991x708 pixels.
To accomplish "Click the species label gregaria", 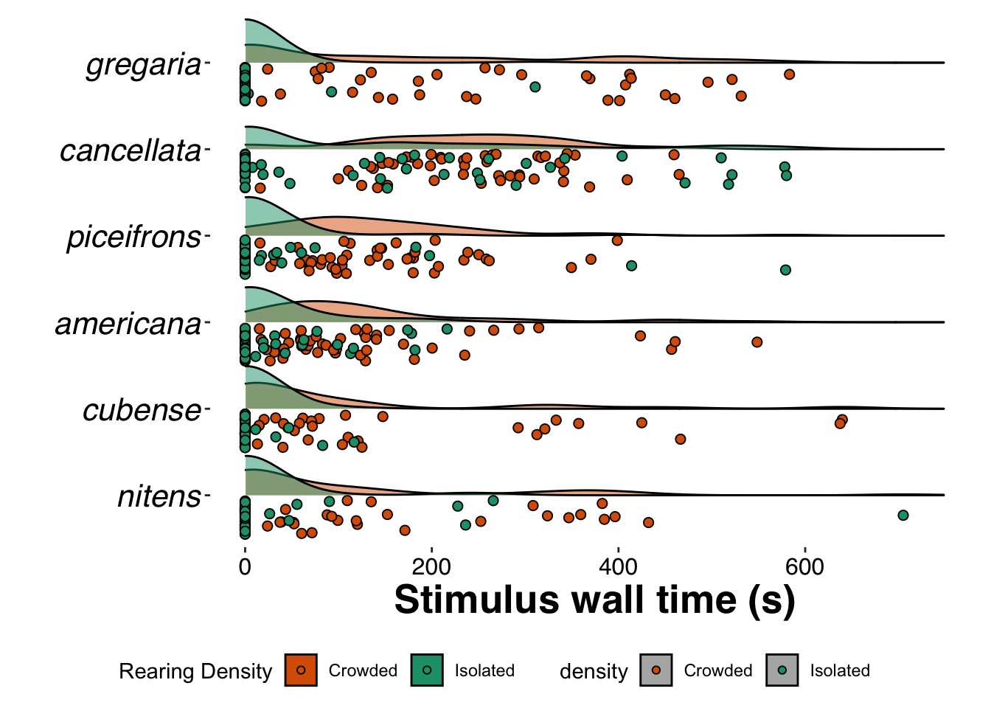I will [144, 65].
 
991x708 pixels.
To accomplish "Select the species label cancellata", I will [131, 151].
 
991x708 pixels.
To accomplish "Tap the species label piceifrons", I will [133, 237].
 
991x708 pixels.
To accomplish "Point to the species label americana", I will [128, 324].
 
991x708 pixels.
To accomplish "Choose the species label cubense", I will [142, 410].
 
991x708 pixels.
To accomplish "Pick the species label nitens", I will [159, 496].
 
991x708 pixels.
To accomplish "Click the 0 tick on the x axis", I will [245, 567].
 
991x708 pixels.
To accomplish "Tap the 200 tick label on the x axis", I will [431, 567].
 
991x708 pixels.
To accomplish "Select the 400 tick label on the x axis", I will [618, 567].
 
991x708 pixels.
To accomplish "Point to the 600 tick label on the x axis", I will [804, 567].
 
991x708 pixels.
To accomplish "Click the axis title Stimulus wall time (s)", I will [594, 600].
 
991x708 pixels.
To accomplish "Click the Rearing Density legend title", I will [195, 671].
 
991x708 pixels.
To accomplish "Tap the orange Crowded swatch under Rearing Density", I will [301, 670].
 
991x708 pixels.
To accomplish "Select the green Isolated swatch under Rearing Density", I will [427, 670].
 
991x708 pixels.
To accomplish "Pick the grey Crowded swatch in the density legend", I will [656, 670].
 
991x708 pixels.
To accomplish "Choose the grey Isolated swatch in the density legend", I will [782, 670].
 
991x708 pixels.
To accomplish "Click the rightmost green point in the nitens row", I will [903, 516].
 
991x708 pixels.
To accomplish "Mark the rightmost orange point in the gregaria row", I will [789, 74].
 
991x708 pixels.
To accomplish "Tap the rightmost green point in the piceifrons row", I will [785, 270].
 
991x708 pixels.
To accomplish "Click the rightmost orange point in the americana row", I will [757, 341].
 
